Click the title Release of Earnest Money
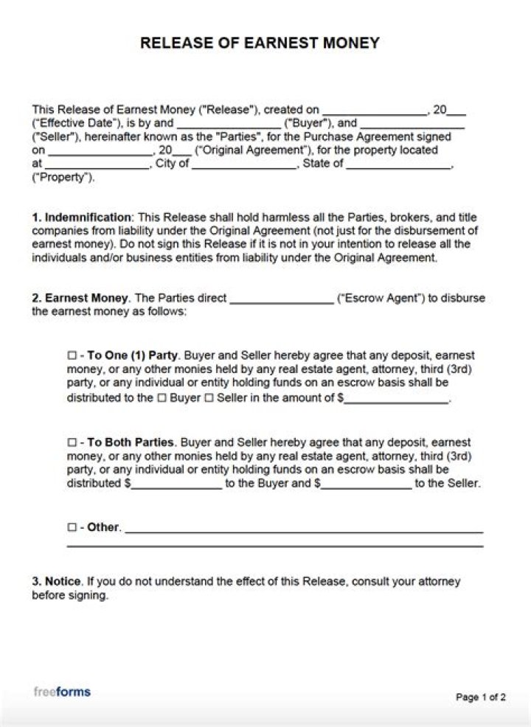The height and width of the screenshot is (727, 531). [x=260, y=44]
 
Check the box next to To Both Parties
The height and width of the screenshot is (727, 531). [x=72, y=443]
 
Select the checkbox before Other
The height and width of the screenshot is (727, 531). [x=72, y=528]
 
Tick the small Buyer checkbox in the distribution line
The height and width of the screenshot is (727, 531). [x=162, y=398]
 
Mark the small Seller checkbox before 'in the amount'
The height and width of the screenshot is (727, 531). [x=208, y=398]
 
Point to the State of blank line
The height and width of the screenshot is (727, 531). [x=398, y=164]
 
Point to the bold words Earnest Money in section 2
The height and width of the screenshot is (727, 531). [x=87, y=299]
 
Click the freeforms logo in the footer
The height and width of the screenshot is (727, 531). [x=62, y=692]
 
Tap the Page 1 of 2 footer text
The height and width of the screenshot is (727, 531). [x=481, y=698]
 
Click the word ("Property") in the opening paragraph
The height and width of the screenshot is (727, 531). [x=63, y=178]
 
